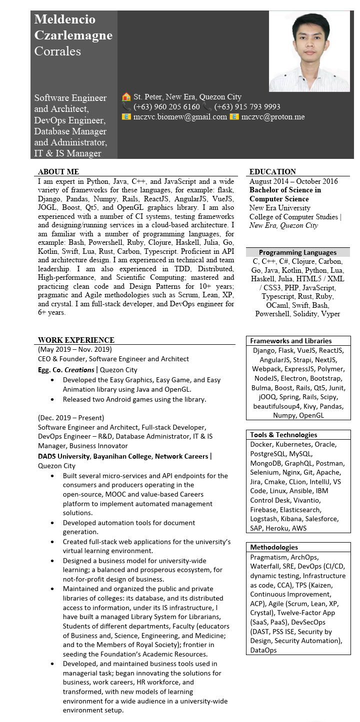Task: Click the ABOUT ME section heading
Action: coord(58,172)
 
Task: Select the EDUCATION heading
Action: coord(272,172)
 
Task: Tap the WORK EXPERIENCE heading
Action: coord(76,340)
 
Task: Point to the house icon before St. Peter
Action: coord(126,97)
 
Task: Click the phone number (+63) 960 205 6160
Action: coord(166,107)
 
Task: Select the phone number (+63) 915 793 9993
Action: coord(247,107)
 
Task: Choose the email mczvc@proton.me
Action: coord(273,117)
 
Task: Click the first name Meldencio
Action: coord(65,19)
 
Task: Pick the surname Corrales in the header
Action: coord(57,51)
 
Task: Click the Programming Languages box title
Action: coord(297,252)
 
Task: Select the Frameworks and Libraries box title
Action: coord(290,341)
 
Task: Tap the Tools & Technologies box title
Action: coord(283,435)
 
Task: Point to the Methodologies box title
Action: coord(274,547)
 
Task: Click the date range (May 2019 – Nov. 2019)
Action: coord(75,349)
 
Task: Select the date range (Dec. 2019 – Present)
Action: coord(71,418)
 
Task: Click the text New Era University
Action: coord(280,208)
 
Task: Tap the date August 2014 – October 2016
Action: coord(293,181)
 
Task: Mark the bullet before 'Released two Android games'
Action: coord(53,399)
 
